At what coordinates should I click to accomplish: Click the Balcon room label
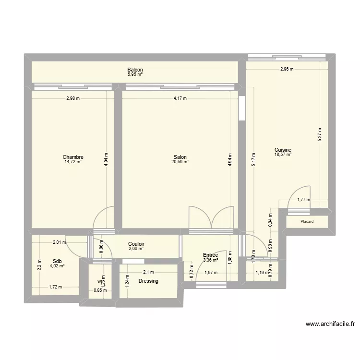(x=135, y=70)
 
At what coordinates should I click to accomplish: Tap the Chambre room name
(x=73, y=157)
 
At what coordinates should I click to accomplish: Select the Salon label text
(x=180, y=157)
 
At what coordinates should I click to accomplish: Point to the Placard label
(x=307, y=222)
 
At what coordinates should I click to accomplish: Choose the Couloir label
(x=136, y=244)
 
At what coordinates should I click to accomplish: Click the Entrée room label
(x=210, y=255)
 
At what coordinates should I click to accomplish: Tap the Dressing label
(x=148, y=281)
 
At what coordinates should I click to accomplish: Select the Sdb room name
(x=57, y=262)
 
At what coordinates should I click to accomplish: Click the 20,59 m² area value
(x=180, y=162)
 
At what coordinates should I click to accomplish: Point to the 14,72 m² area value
(x=73, y=162)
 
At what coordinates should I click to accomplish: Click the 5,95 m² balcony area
(x=135, y=75)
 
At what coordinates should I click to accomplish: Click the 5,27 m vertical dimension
(x=320, y=136)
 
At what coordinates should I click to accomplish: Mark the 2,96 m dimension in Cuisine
(x=287, y=69)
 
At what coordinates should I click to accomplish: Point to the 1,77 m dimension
(x=303, y=200)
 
